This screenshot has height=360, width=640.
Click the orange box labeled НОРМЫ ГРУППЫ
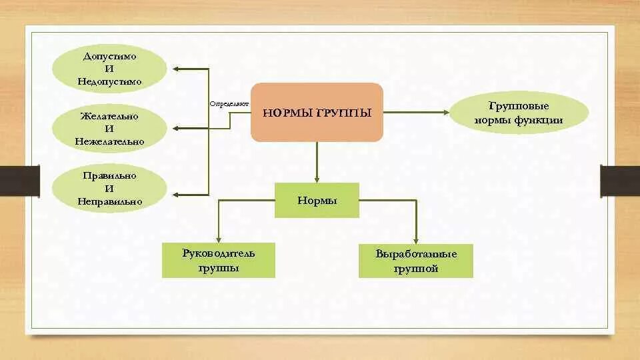(317, 112)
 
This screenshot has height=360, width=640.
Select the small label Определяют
(229, 104)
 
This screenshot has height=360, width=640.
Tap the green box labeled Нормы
(317, 200)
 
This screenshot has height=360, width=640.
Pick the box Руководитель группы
(218, 260)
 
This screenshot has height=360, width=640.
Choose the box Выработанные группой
(415, 261)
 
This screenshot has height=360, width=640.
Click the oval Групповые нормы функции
(519, 113)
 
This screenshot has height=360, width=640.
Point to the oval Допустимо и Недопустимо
(109, 69)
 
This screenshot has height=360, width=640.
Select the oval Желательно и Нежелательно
(109, 128)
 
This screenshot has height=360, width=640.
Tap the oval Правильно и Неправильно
(109, 188)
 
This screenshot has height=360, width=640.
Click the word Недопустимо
(109, 82)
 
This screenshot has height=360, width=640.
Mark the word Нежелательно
(109, 141)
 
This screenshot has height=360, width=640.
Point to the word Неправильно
(109, 201)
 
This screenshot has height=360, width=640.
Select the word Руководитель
(218, 253)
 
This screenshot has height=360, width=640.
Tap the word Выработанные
(415, 255)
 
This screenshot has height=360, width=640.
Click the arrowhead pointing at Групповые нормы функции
(447, 113)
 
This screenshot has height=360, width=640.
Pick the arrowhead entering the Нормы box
(317, 179)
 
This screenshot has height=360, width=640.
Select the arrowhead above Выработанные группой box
(416, 241)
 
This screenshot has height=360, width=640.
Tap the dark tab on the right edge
(620, 180)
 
